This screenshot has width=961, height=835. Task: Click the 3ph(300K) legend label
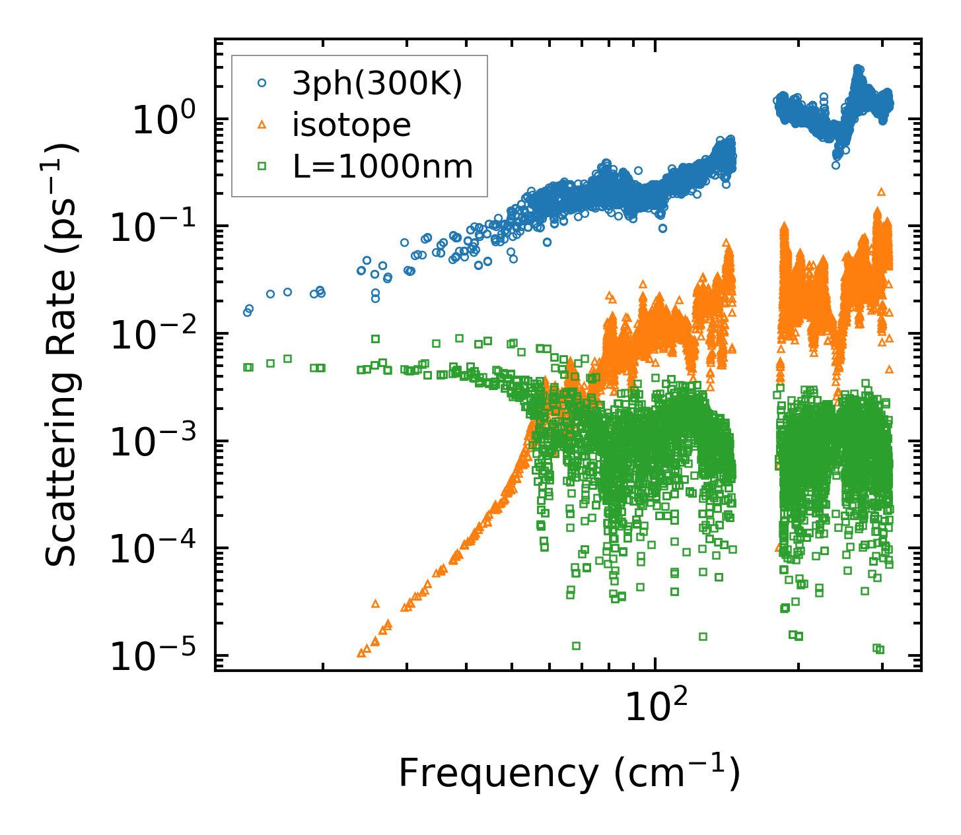pos(377,85)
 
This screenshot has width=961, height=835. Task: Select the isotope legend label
pos(351,125)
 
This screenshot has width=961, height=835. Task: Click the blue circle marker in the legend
pos(262,84)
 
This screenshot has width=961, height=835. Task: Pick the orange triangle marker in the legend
pos(262,125)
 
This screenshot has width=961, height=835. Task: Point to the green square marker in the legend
pos(262,166)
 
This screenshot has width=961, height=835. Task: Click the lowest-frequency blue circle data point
pos(248,312)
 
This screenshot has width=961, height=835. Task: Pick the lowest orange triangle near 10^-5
pos(361,653)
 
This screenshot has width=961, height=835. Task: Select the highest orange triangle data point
pos(881,191)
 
